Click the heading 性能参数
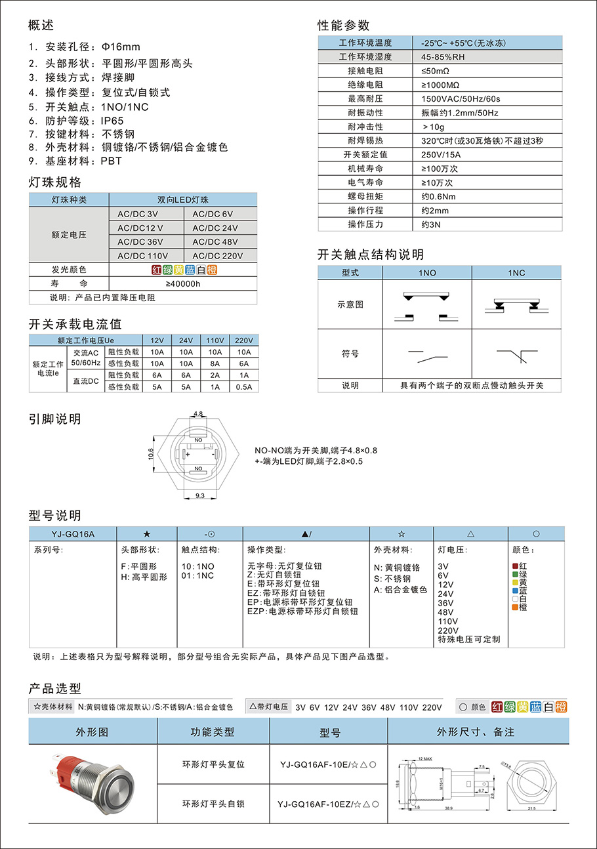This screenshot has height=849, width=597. [344, 26]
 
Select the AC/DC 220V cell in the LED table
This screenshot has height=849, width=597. [215, 256]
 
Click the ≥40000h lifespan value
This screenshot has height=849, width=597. [183, 283]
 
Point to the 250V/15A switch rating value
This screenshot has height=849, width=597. [441, 155]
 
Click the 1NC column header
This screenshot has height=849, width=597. [516, 272]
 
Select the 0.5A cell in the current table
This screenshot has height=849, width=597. [243, 386]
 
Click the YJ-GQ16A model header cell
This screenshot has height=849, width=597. [73, 534]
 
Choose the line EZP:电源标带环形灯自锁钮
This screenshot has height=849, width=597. [302, 611]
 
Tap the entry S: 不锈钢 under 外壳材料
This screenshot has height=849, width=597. [392, 579]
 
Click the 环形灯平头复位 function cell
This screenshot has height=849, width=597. [213, 764]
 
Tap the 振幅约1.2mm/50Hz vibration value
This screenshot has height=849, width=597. [460, 113]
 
